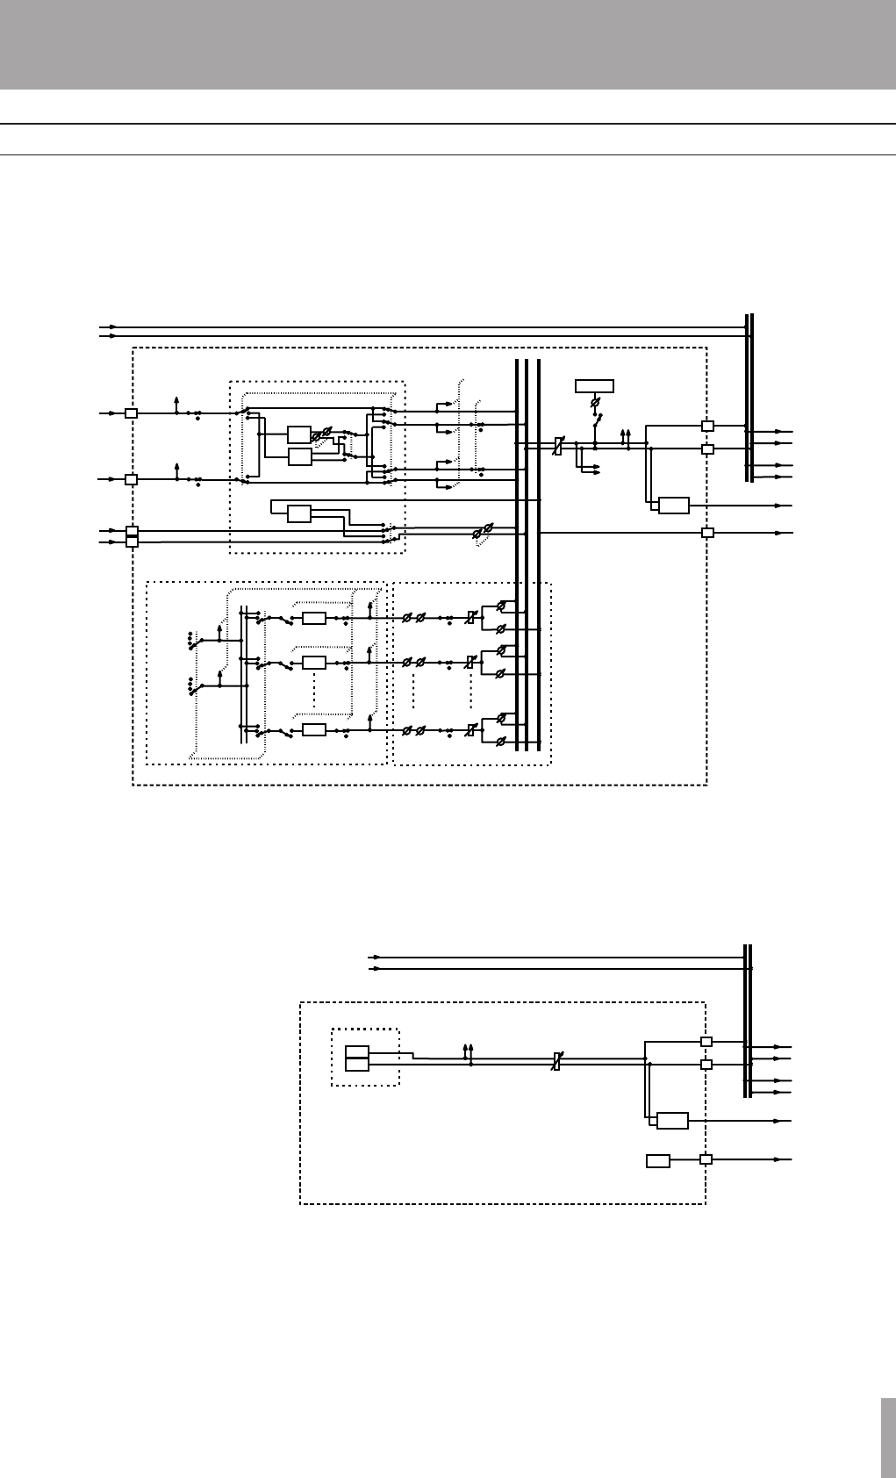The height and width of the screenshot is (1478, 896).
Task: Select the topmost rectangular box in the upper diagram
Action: [594, 385]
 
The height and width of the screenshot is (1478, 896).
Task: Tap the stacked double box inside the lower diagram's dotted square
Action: [356, 1058]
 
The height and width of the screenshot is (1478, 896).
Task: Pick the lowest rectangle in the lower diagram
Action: [657, 1161]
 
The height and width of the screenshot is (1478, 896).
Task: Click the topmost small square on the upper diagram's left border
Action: [131, 413]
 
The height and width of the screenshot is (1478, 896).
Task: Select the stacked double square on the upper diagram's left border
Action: [132, 536]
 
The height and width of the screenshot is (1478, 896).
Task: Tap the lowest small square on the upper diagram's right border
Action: [706, 533]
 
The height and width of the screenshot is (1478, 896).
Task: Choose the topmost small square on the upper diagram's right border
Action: [706, 426]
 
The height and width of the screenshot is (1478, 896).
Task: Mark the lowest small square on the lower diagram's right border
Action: [706, 1159]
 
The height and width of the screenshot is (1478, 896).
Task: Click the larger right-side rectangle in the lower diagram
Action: [672, 1121]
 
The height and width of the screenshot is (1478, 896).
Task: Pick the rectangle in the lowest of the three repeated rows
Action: [313, 730]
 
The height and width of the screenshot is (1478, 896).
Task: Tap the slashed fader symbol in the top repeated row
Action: [470, 618]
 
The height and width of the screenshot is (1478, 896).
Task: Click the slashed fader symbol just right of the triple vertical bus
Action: [556, 447]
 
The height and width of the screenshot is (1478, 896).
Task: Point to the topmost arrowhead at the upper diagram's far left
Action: [112, 327]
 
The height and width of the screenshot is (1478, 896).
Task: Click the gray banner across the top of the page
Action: [448, 44]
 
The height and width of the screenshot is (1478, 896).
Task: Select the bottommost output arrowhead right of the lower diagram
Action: [776, 1159]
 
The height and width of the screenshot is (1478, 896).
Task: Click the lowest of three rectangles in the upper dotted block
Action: [299, 513]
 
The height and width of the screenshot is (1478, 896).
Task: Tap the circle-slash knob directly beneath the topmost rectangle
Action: [595, 403]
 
